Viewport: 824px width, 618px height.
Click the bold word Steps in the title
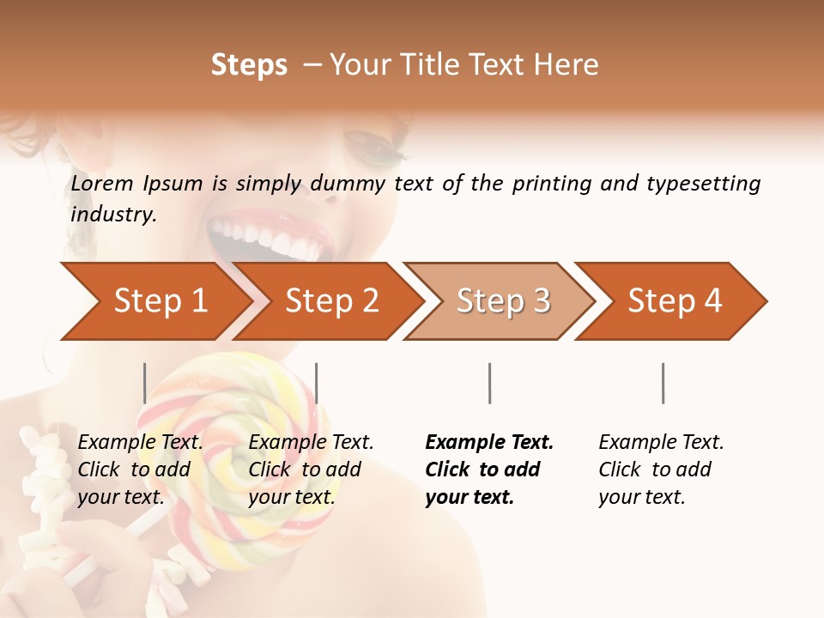point(249,64)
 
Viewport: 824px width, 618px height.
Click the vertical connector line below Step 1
point(145,383)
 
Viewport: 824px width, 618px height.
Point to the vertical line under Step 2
point(317,383)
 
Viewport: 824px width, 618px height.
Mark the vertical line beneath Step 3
point(489,383)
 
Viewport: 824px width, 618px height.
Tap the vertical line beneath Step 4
point(663,383)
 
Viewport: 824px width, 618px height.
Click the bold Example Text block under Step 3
point(489,470)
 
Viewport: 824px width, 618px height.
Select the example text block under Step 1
point(140,470)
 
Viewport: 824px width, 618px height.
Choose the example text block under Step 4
point(661,470)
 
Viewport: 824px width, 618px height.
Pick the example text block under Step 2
point(311,470)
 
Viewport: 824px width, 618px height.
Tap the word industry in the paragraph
point(112,214)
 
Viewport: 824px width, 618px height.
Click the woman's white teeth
point(266,240)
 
